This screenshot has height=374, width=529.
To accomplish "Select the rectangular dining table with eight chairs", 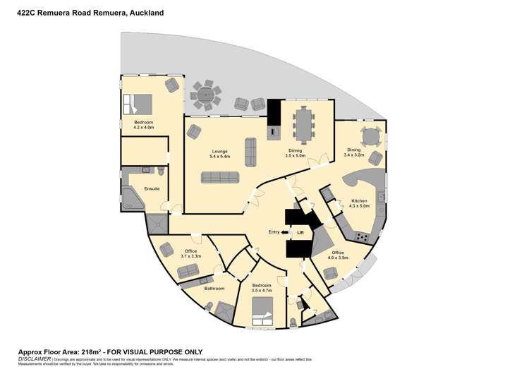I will pyautogui.click(x=304, y=124).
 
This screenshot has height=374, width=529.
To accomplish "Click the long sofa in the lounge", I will pyautogui.click(x=220, y=177).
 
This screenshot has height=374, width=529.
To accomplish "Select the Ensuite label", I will pyautogui.click(x=152, y=188).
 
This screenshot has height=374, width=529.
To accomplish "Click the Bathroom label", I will pyautogui.click(x=214, y=288).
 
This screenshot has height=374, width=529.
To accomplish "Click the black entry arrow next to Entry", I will pyautogui.click(x=284, y=231).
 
